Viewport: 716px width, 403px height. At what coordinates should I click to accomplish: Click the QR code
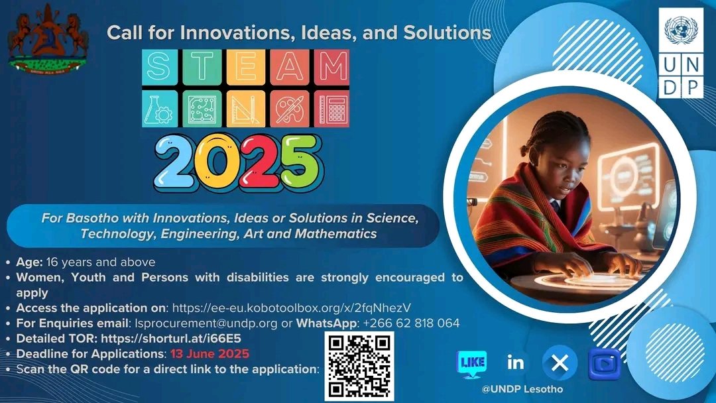click(359, 366)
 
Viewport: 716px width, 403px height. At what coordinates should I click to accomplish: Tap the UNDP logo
click(681, 53)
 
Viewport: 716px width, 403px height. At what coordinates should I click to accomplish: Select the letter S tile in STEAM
click(159, 67)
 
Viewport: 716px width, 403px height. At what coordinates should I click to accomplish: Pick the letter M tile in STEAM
click(331, 67)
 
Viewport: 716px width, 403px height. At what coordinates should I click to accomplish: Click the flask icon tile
click(159, 109)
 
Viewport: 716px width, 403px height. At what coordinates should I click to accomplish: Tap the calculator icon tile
click(331, 109)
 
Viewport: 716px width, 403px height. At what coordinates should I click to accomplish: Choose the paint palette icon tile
click(288, 109)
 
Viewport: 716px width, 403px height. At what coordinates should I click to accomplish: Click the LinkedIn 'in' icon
click(515, 363)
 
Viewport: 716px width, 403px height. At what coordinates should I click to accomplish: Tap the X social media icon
click(560, 363)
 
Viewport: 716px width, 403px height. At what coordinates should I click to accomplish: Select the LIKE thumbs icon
click(472, 363)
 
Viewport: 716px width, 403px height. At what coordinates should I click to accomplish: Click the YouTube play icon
click(604, 364)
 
